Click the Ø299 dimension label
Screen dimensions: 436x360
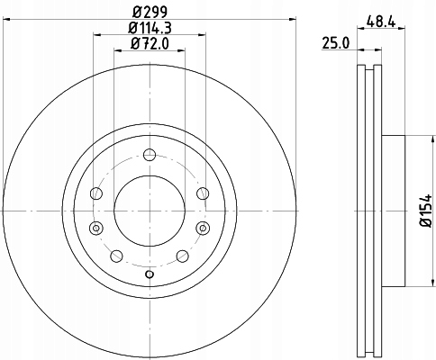(150, 12)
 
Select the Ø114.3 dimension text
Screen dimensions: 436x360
(150, 28)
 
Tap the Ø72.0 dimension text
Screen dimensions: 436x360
(150, 44)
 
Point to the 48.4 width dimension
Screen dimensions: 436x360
(381, 22)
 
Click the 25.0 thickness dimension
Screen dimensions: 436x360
(336, 43)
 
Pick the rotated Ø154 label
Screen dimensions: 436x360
(426, 211)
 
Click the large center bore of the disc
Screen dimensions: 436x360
(150, 211)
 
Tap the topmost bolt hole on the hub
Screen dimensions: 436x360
(150, 155)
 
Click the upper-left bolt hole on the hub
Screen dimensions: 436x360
(96, 193)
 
